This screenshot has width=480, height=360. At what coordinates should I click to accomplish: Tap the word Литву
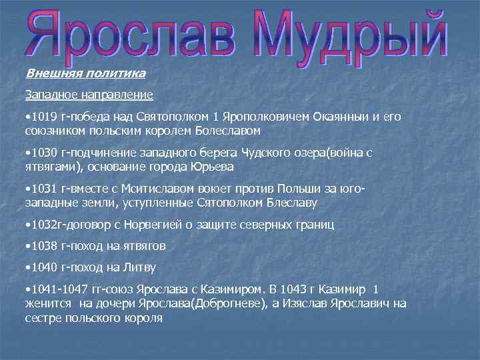pos(141,267)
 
